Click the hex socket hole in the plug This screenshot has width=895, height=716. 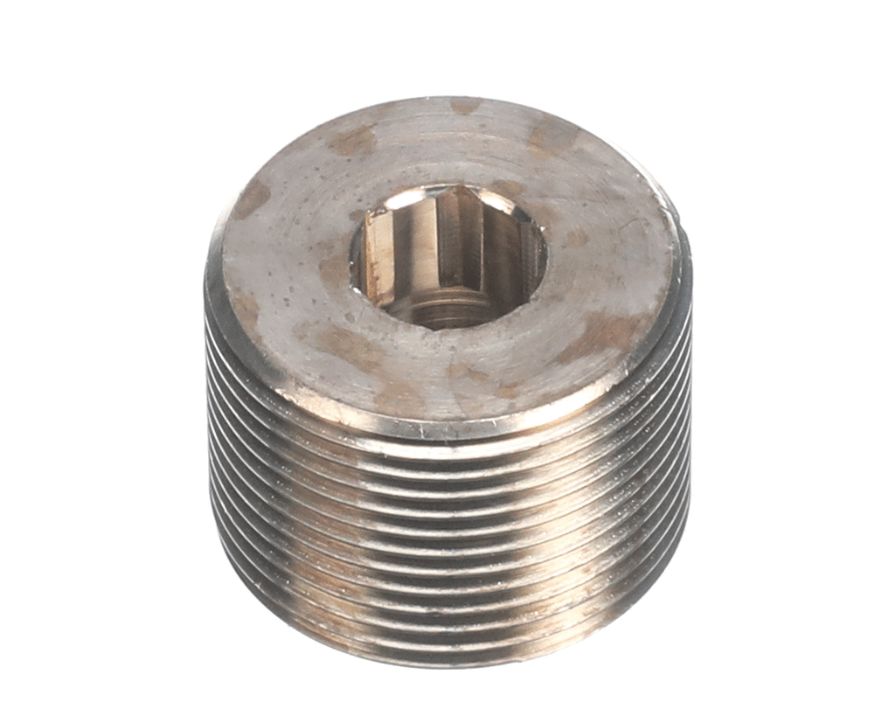(x=447, y=255)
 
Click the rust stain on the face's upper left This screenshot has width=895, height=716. (x=353, y=140)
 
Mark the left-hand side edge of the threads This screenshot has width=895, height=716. (x=212, y=437)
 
